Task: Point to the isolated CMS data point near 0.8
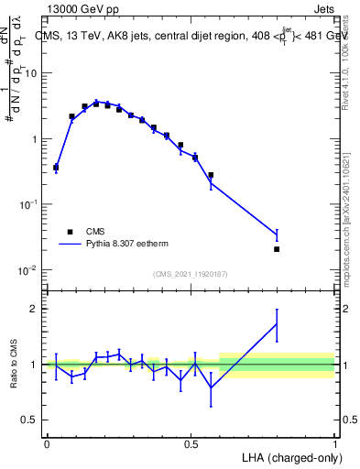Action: [277, 249]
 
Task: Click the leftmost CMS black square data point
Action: [56, 168]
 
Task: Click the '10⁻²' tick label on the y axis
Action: [28, 270]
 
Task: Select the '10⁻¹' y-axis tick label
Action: [28, 204]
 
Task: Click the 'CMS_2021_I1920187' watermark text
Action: [191, 274]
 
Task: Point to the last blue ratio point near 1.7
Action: [277, 323]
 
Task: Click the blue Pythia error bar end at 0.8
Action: [277, 229]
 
